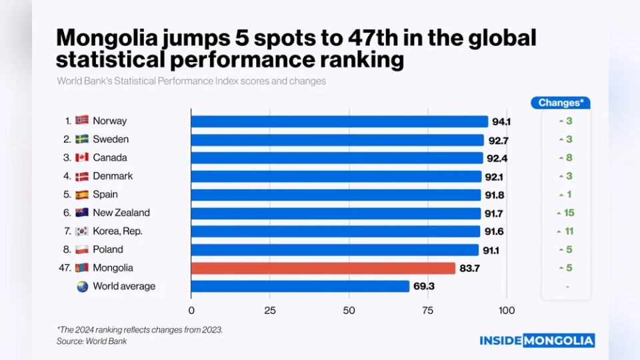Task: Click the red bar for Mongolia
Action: pos(323,268)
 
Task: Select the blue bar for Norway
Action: pos(339,121)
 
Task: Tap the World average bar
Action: pos(300,286)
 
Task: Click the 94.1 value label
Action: pos(501,121)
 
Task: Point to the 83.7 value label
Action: pos(469,268)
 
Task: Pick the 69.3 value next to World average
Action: pos(423,286)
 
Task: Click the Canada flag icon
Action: pos(82,158)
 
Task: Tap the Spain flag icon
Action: pos(82,195)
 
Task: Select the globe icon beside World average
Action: pos(82,286)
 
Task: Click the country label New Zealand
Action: pos(121,213)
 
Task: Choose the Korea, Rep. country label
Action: pos(117,231)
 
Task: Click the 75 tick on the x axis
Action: pos(427,310)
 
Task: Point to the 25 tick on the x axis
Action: pos(270,310)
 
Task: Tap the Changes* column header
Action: pos(561,103)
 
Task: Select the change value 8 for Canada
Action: pos(569,158)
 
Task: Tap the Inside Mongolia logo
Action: pos(537,341)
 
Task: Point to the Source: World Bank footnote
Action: pos(91,341)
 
